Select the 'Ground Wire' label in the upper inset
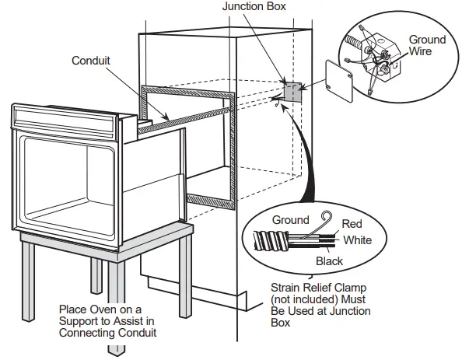coord(427,46)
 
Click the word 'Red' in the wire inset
coord(352,224)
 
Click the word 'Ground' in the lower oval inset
coord(290,221)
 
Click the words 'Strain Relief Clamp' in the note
coord(317,287)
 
